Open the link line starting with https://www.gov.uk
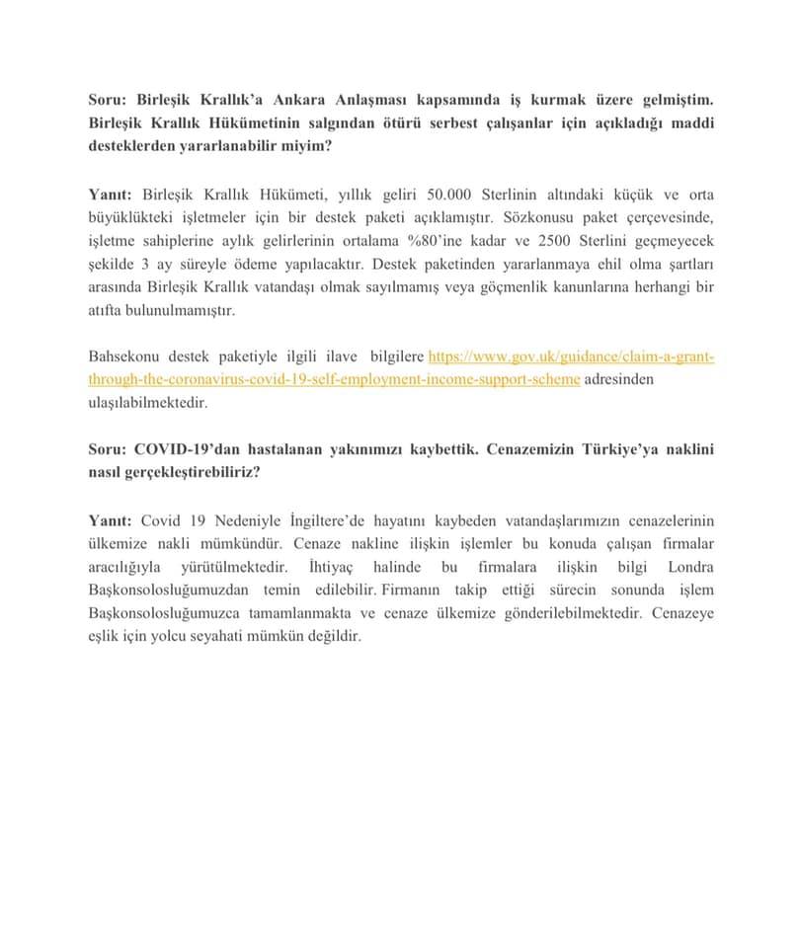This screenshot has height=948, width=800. [x=571, y=355]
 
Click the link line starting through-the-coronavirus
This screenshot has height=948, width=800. [x=334, y=379]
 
